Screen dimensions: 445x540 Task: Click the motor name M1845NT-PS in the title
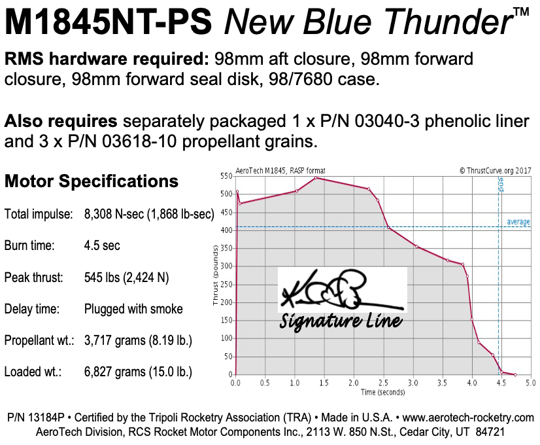pos(108,24)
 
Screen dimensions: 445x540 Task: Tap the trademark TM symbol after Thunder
pos(521,12)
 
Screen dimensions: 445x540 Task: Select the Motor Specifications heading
pos(92,181)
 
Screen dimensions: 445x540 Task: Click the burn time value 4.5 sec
pos(102,246)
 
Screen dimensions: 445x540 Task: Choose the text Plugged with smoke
pos(133,309)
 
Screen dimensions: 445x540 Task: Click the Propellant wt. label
pos(39,340)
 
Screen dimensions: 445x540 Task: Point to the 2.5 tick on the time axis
pos(382,383)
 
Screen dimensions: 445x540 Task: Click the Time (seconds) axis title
pos(382,392)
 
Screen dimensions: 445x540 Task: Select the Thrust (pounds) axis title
pos(215,276)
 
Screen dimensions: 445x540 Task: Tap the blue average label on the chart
pos(518,222)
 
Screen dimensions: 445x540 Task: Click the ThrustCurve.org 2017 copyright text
pos(494,170)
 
